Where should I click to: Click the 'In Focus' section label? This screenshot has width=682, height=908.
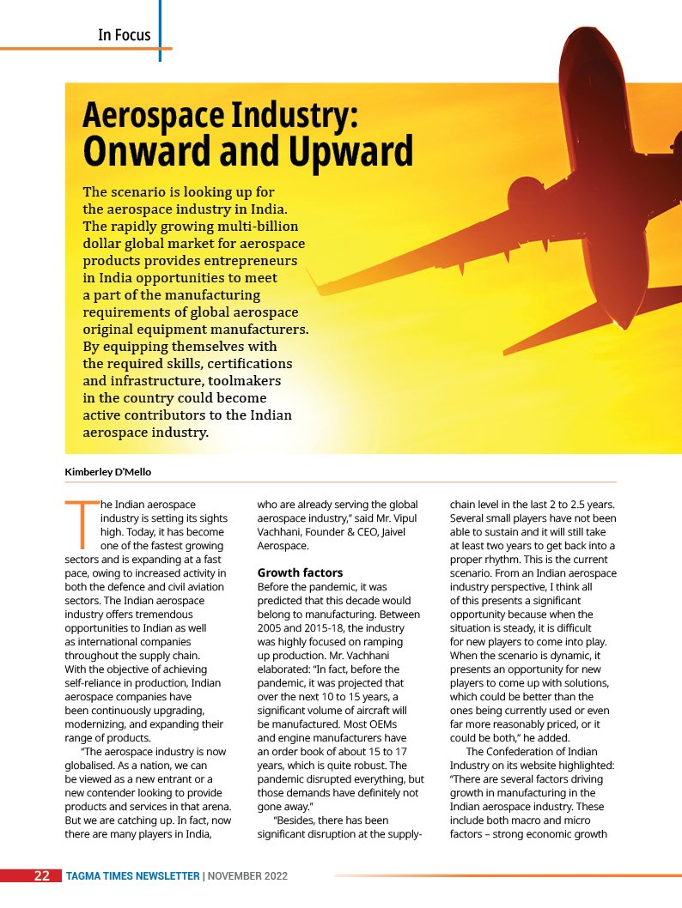click(124, 35)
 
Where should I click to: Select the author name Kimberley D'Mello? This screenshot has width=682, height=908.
click(108, 471)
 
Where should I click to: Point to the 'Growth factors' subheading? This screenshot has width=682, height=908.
click(300, 572)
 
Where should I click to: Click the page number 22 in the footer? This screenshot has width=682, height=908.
click(41, 876)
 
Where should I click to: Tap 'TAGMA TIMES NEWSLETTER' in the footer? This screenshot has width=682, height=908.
click(132, 876)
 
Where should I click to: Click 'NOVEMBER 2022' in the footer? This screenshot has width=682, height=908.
click(247, 876)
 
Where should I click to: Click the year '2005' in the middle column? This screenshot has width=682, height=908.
click(271, 627)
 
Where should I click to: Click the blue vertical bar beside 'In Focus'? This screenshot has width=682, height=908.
click(160, 31)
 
